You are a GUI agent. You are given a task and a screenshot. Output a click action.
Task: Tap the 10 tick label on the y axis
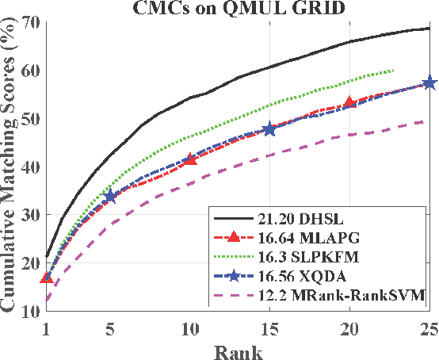(x=29, y=312)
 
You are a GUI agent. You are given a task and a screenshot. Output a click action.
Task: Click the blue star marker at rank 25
(x=429, y=82)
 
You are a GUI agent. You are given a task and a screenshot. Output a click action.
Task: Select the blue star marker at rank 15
(x=269, y=128)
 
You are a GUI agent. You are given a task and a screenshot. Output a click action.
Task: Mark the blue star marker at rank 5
(x=110, y=195)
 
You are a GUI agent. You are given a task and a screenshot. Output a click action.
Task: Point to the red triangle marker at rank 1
(x=47, y=278)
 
